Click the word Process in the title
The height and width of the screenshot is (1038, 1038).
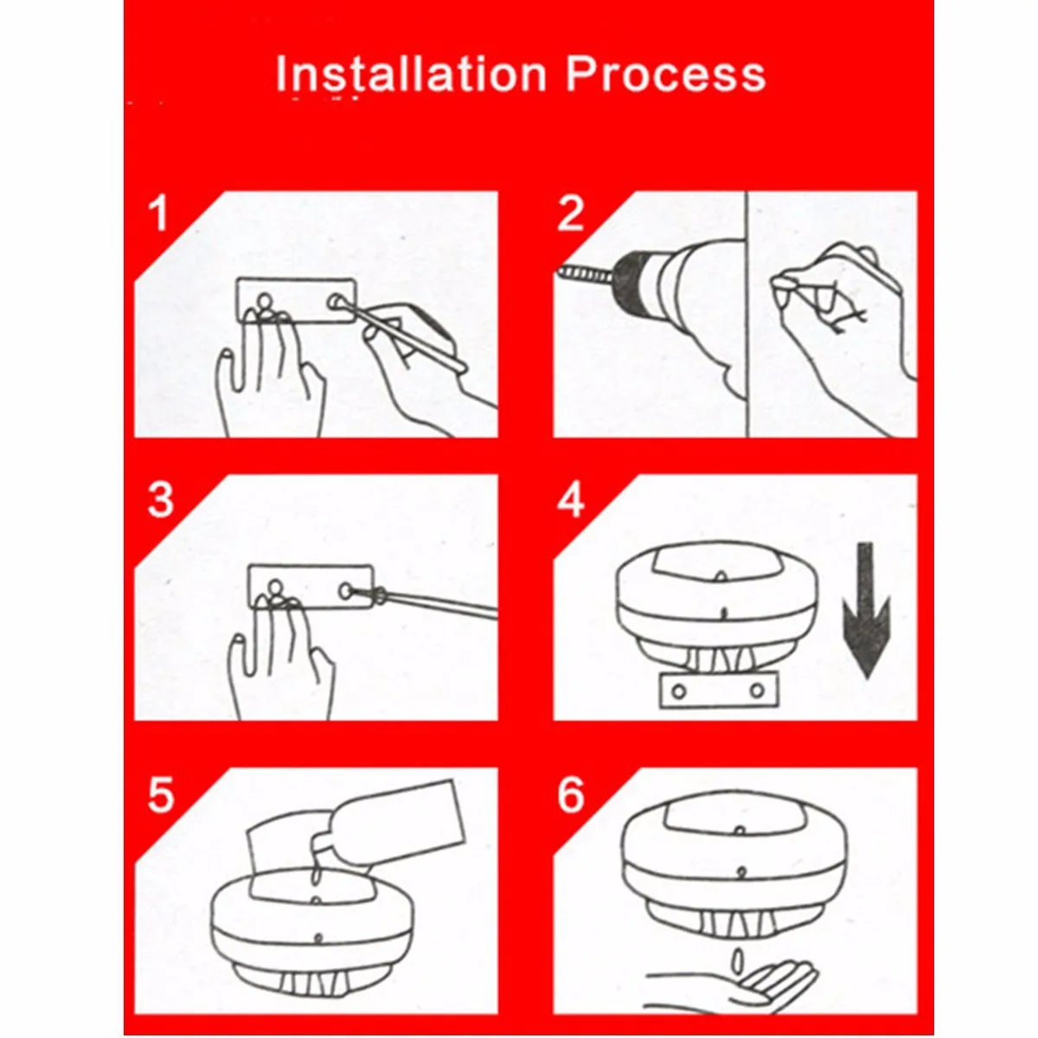(665, 74)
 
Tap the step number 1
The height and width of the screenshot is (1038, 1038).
(159, 214)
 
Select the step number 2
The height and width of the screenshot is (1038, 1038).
(570, 214)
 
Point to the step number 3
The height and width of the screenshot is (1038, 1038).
(160, 500)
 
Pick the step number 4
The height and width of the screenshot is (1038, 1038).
(571, 500)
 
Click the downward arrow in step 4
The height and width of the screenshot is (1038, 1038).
(866, 611)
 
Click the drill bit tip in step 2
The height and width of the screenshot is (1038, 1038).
(559, 271)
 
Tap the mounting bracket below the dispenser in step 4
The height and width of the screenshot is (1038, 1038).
(720, 690)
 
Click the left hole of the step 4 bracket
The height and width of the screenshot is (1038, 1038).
(679, 691)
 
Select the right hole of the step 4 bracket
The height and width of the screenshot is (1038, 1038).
(758, 690)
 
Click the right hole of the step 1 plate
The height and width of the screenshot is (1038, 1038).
(336, 300)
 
